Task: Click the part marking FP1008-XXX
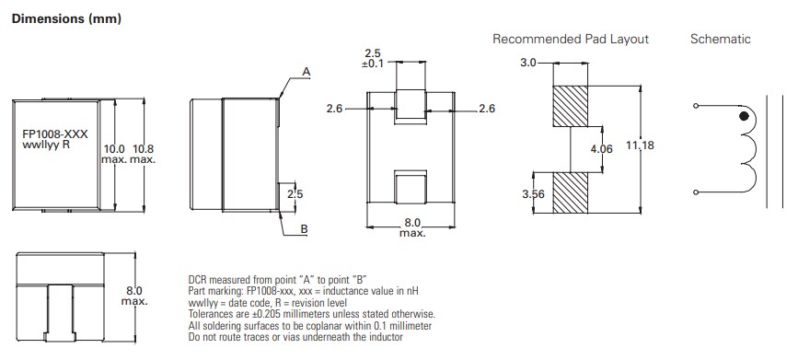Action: tap(55, 134)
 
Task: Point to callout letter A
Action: tap(306, 71)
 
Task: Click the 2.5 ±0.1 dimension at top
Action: tap(374, 57)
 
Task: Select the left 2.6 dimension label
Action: tap(335, 110)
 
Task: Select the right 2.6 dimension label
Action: tap(487, 110)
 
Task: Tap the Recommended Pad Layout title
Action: tap(571, 39)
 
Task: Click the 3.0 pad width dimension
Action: tap(527, 64)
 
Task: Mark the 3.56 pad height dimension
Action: tap(533, 194)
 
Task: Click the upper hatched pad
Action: tap(569, 106)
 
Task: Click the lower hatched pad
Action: tap(569, 193)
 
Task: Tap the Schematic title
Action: tap(720, 39)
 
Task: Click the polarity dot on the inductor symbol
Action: tap(743, 118)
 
